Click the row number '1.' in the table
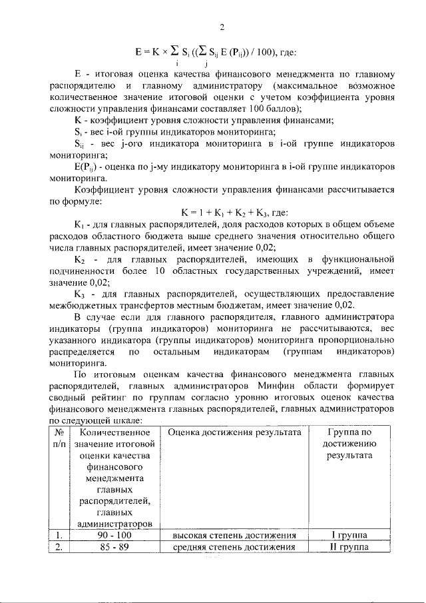(58, 536)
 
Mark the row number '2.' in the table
(58, 548)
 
